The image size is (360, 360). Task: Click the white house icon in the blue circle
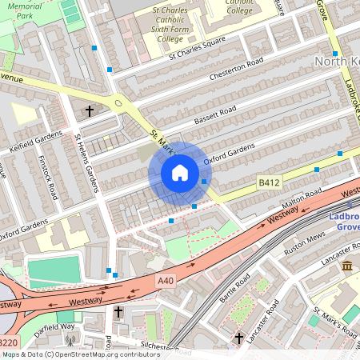click(180, 172)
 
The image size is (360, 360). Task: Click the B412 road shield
click(268, 184)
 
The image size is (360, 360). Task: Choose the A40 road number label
click(166, 281)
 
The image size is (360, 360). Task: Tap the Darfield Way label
click(55, 326)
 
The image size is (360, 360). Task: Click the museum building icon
click(346, 266)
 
